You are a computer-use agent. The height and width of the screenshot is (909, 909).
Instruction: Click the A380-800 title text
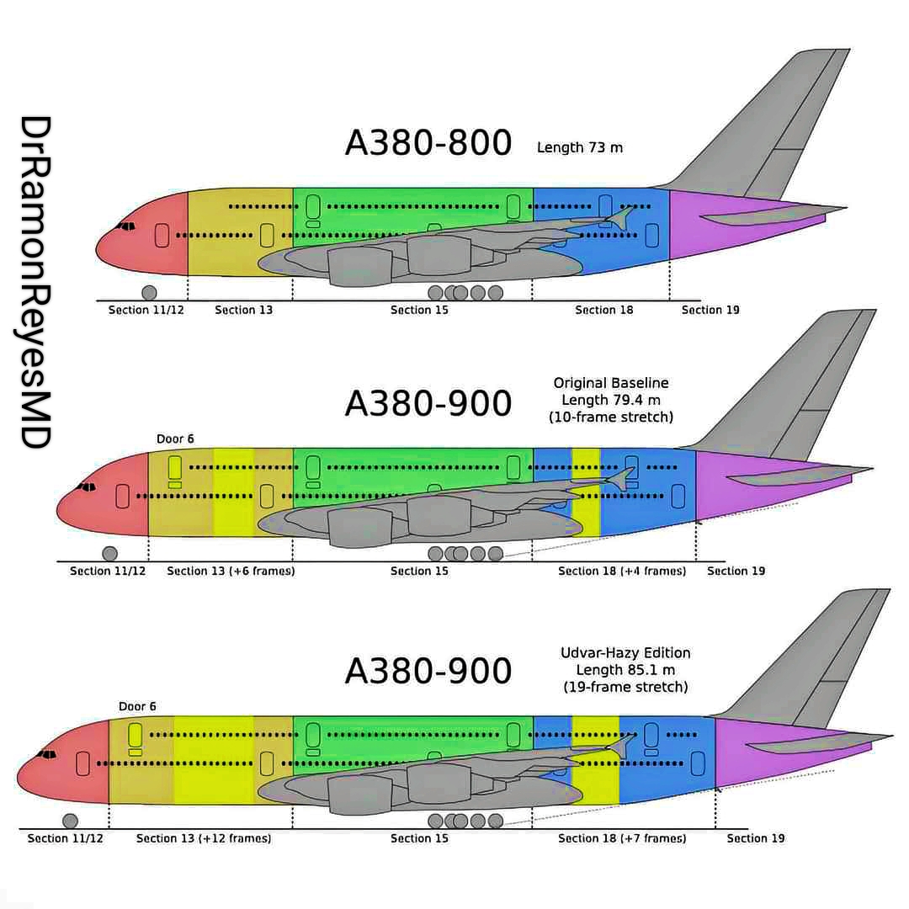click(428, 144)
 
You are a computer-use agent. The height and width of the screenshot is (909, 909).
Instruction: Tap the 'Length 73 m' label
click(580, 148)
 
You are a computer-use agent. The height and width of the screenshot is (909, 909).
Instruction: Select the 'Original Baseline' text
click(611, 383)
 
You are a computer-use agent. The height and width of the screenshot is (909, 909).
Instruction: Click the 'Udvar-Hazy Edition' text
click(625, 653)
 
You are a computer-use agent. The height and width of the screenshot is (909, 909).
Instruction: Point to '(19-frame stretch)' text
click(625, 687)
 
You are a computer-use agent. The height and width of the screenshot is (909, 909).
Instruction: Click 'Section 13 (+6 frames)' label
click(231, 571)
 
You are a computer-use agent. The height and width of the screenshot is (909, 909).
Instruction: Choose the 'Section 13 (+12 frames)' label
click(204, 838)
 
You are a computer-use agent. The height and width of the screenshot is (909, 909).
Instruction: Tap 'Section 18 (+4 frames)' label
click(622, 571)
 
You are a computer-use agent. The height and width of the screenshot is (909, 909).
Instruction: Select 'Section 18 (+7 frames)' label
click(622, 838)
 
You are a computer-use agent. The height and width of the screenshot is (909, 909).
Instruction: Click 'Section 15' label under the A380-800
click(419, 311)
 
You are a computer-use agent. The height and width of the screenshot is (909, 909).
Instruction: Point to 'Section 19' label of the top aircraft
click(710, 311)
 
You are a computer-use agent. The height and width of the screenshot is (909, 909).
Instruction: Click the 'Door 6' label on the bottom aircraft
click(137, 707)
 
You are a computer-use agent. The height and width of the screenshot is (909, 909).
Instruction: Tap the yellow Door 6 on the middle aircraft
click(175, 466)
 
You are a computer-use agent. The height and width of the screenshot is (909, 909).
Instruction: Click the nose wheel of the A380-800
click(149, 293)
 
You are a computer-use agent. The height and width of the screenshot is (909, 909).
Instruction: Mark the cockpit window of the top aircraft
click(126, 226)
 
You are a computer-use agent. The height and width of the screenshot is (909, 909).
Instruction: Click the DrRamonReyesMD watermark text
click(35, 282)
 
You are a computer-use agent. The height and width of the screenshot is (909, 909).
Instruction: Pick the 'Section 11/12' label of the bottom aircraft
click(65, 838)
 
